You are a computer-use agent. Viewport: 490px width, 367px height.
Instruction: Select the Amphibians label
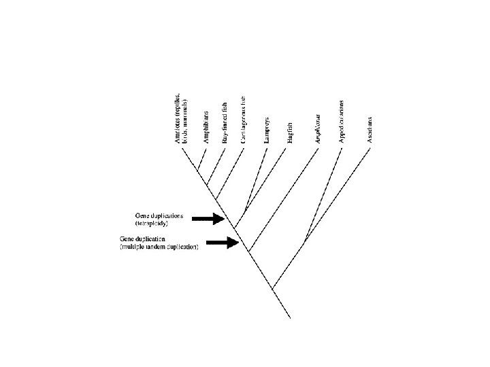206,127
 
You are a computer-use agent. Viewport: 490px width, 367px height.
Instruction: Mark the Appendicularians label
342,121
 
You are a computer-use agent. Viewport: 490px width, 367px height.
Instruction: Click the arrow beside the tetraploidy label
210,218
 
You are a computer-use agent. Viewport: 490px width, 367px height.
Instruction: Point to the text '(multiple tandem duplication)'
159,247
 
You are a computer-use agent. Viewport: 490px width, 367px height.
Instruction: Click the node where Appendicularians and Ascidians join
307,239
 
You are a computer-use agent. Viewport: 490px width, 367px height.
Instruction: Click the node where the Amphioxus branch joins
250,251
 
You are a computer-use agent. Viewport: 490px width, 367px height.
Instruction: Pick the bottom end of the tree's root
291,318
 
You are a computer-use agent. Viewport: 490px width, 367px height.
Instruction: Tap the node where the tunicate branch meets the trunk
272,288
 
